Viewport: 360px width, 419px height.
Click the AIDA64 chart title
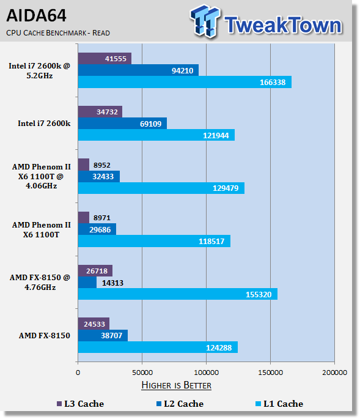click(x=36, y=15)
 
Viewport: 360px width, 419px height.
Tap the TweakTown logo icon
click(x=205, y=21)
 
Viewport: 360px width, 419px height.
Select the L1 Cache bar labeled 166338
click(x=185, y=82)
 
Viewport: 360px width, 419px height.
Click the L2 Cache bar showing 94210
click(x=138, y=70)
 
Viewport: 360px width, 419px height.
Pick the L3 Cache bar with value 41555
click(x=105, y=59)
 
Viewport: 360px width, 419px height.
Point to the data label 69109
click(x=150, y=124)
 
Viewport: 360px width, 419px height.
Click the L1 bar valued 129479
click(x=161, y=188)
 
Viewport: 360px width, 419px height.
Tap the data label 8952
click(x=101, y=165)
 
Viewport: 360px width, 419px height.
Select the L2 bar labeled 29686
click(x=97, y=229)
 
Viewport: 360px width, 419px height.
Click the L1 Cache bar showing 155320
click(x=178, y=294)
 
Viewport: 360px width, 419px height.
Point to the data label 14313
click(x=112, y=283)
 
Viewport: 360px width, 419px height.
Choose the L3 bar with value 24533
click(x=94, y=324)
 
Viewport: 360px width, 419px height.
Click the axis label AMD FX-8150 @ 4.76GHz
click(x=40, y=283)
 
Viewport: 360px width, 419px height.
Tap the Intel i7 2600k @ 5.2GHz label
click(x=40, y=71)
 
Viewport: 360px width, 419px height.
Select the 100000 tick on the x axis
click(x=206, y=373)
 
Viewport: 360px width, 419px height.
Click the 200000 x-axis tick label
click(x=334, y=373)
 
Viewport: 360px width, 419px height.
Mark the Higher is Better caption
click(x=176, y=385)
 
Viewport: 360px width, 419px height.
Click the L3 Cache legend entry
click(x=81, y=404)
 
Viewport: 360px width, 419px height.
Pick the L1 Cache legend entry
click(x=279, y=404)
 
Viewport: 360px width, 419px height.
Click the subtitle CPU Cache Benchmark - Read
click(x=58, y=33)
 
